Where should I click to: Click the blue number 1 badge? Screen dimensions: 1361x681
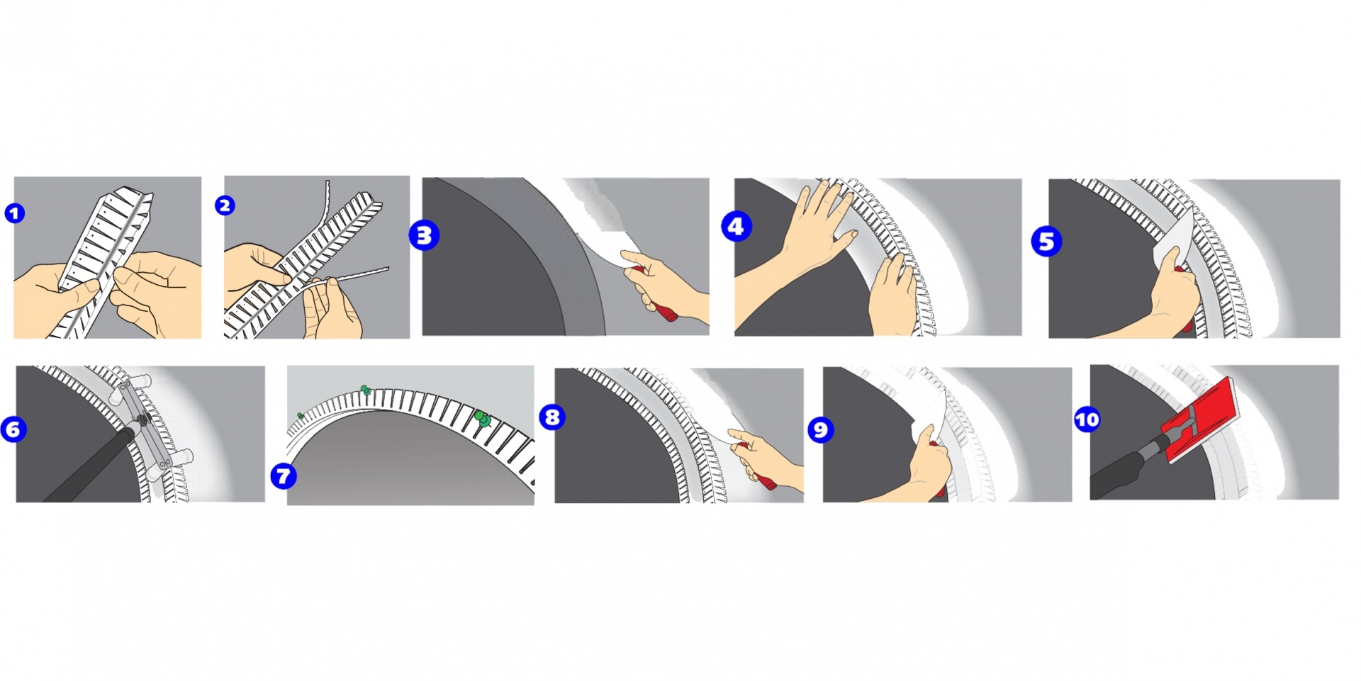pos(15,213)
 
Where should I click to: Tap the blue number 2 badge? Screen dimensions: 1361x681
pos(225,206)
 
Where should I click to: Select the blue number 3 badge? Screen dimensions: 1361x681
pos(424,235)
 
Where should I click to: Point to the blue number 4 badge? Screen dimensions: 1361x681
pos(736,227)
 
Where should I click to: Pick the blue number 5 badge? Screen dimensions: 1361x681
pos(1046,241)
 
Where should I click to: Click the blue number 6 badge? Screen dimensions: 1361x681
pos(14,429)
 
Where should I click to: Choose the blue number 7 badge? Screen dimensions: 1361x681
pos(284,476)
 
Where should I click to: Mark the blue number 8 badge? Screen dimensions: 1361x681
pos(552,417)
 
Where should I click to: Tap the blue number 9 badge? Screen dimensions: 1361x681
pos(820,429)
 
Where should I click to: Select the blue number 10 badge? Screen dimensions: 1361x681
pos(1087,420)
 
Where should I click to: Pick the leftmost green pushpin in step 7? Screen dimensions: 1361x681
pos(301,415)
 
